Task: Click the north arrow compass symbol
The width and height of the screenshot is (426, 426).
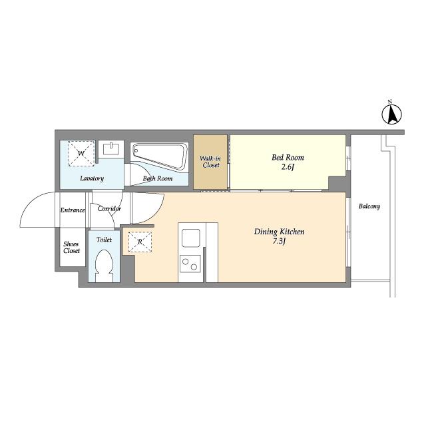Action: point(391,114)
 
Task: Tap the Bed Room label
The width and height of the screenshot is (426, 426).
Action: point(288,158)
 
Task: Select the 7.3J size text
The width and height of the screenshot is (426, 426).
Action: point(279,241)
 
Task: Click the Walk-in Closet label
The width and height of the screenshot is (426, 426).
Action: point(210,162)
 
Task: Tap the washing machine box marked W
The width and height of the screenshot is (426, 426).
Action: point(81,154)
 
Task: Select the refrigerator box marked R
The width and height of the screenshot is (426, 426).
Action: point(140,242)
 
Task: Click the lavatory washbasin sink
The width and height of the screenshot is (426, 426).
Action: point(111,149)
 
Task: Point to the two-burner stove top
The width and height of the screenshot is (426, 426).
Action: point(190,264)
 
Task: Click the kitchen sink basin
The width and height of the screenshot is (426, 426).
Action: point(191,238)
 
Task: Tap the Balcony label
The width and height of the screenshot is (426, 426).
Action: point(369,206)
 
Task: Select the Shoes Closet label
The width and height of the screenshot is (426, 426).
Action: point(71,247)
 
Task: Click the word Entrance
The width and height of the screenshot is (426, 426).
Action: point(73,210)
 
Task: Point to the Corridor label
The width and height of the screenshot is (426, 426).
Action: point(109,208)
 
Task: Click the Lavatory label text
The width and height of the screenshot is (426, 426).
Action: point(92,178)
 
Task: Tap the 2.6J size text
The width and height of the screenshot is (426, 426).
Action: point(288,167)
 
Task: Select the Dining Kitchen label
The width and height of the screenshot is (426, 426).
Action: point(279,232)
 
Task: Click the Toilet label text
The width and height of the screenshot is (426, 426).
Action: point(104,240)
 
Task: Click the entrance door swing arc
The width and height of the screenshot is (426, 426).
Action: point(31,201)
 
